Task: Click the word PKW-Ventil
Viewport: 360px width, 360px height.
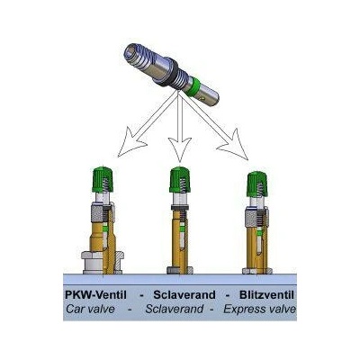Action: click(x=95, y=295)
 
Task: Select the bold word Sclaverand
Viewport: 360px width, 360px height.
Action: click(x=184, y=295)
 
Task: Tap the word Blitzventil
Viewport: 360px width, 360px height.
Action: click(x=266, y=295)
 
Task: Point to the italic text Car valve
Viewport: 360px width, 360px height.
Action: click(x=90, y=309)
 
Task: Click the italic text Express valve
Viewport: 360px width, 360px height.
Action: click(x=260, y=309)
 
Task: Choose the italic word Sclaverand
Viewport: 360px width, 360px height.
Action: click(x=174, y=309)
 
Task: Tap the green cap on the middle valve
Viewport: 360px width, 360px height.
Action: click(x=180, y=180)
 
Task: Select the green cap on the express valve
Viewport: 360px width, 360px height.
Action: click(x=257, y=184)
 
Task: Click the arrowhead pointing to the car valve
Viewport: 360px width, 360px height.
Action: click(x=130, y=143)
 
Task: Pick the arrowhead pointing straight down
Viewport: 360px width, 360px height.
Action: click(x=180, y=148)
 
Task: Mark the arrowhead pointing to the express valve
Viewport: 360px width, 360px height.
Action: click(x=234, y=146)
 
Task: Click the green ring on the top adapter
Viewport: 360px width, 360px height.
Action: click(x=192, y=86)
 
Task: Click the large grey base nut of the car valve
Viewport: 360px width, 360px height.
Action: click(x=103, y=262)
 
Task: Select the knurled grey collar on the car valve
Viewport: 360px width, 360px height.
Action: click(x=98, y=212)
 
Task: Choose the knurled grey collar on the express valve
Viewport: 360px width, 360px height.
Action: click(x=252, y=217)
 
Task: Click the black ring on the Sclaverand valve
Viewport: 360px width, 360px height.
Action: click(x=180, y=207)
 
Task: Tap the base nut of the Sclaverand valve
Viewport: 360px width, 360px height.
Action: click(x=180, y=270)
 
